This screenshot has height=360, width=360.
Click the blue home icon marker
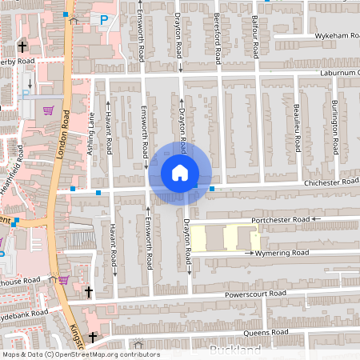tap(180, 172)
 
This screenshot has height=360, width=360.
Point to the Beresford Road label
tap(217, 38)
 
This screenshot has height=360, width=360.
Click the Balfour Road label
tap(255, 37)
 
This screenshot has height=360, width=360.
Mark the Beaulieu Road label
tap(296, 128)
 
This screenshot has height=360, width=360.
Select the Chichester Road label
tap(330, 182)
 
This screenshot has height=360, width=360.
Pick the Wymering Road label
tap(282, 253)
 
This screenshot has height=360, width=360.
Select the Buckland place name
tap(235, 350)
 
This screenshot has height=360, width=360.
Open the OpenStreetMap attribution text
tap(80, 354)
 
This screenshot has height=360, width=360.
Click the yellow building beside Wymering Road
tap(226, 238)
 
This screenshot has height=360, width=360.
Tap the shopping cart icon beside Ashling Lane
tap(48, 110)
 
